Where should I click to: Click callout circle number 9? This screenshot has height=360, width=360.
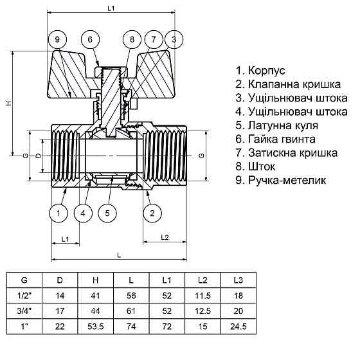point(58,40)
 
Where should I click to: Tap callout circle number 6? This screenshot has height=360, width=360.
point(91,40)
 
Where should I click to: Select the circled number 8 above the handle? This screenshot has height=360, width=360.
point(131,40)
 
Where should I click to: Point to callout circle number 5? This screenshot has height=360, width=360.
point(108,212)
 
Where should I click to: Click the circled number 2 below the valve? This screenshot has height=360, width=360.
point(152,212)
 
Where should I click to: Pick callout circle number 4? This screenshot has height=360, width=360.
point(82,212)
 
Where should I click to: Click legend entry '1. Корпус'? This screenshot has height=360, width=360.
point(260,70)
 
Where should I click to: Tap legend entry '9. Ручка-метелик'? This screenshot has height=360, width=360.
point(281,181)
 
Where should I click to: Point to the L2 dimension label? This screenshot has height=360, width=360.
point(163,238)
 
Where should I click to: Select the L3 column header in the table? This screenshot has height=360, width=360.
point(239,280)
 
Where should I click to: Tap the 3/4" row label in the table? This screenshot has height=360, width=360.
point(24,310)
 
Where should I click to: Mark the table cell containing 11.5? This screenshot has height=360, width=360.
point(203,295)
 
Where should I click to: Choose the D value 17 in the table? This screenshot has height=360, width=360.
point(60,310)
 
